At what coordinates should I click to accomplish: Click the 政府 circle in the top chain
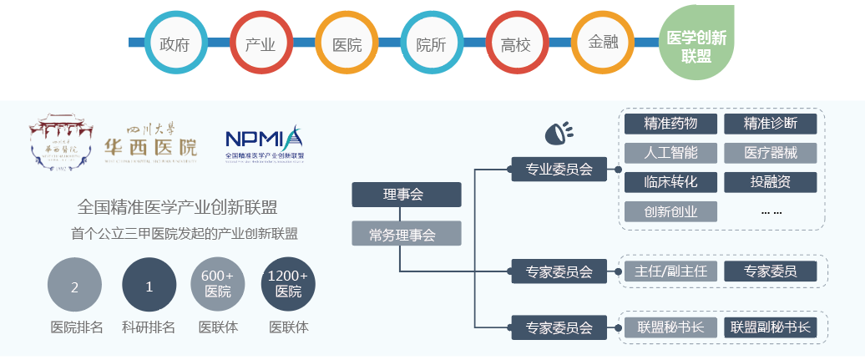pyautogui.click(x=175, y=43)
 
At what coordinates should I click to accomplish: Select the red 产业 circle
pyautogui.click(x=261, y=43)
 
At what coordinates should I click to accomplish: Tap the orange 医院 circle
pyautogui.click(x=347, y=43)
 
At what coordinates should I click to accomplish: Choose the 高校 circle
pyautogui.click(x=516, y=43)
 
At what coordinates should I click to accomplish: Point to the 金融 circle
pyautogui.click(x=602, y=43)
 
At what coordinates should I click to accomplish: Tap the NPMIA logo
pyautogui.click(x=265, y=142)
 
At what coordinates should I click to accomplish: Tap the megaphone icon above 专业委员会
pyautogui.click(x=559, y=132)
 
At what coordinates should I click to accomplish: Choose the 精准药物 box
pyautogui.click(x=670, y=124)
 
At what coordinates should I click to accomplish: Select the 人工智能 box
pyautogui.click(x=670, y=153)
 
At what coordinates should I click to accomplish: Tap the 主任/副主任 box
pyautogui.click(x=670, y=271)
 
